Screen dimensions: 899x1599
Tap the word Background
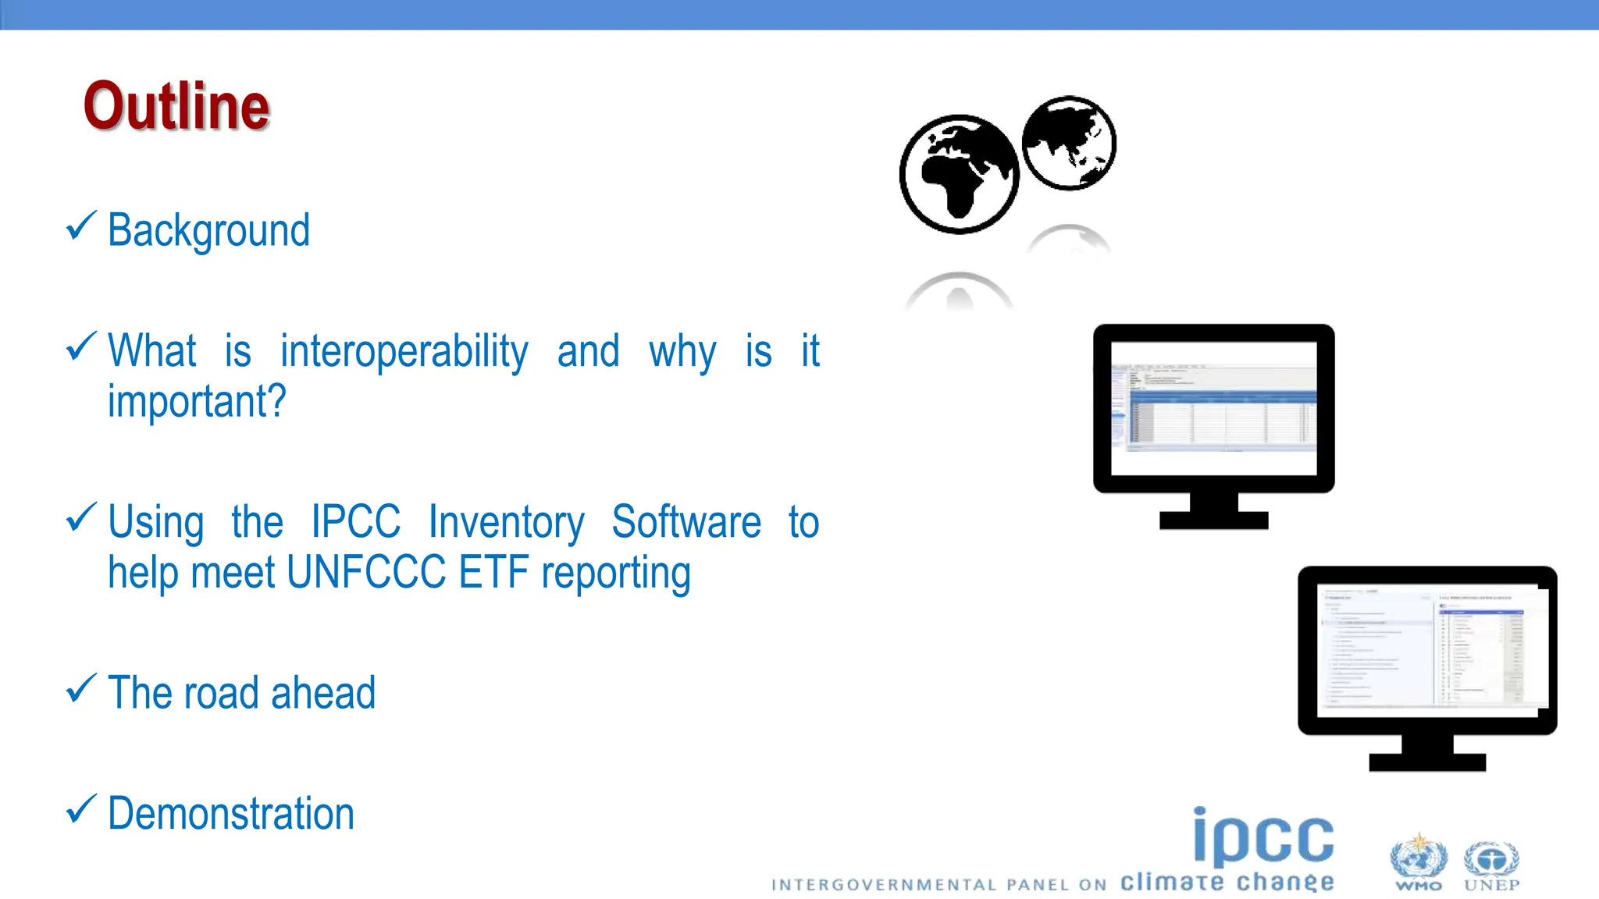pyautogui.click(x=208, y=231)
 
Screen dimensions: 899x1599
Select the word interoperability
pyautogui.click(x=404, y=352)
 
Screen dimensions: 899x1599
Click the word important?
pyautogui.click(x=197, y=402)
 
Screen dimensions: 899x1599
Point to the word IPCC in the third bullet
pyautogui.click(x=355, y=521)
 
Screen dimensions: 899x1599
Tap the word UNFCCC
pyautogui.click(x=365, y=573)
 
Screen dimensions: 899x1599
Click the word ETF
pyautogui.click(x=493, y=573)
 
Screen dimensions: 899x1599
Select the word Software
pyautogui.click(x=686, y=521)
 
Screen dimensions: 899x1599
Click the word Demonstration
pyautogui.click(x=231, y=814)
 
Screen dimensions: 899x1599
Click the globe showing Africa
pyautogui.click(x=959, y=174)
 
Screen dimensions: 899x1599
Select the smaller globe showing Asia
pyautogui.click(x=1069, y=143)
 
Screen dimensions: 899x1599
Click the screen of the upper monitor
pyautogui.click(x=1213, y=408)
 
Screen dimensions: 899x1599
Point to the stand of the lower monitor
pyautogui.click(x=1427, y=752)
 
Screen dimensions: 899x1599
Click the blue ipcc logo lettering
pyautogui.click(x=1263, y=837)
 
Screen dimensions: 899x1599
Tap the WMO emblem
pyautogui.click(x=1418, y=862)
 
